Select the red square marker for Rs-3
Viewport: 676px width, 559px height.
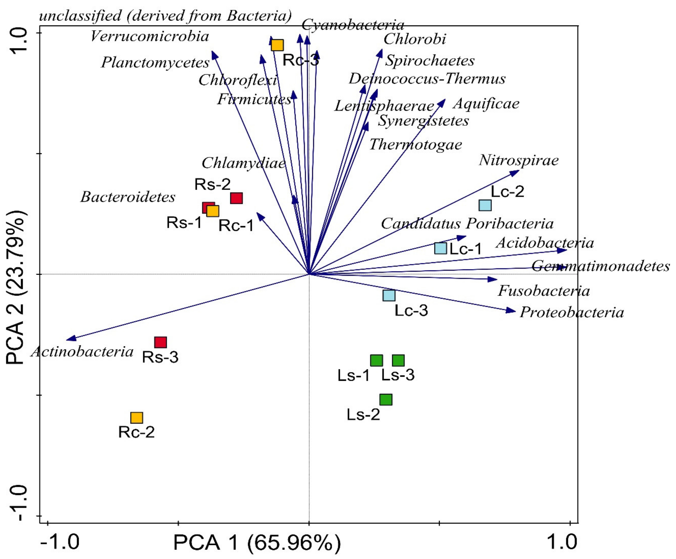click(160, 342)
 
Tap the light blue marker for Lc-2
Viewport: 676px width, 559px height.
click(485, 205)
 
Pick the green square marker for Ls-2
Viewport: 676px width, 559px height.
click(386, 400)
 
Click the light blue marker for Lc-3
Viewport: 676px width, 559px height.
click(389, 295)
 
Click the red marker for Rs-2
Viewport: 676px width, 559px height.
click(236, 198)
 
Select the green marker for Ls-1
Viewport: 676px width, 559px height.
click(376, 361)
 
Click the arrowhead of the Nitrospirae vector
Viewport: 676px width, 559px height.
click(517, 172)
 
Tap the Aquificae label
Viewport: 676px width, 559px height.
click(486, 104)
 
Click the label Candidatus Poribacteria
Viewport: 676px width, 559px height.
click(467, 223)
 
